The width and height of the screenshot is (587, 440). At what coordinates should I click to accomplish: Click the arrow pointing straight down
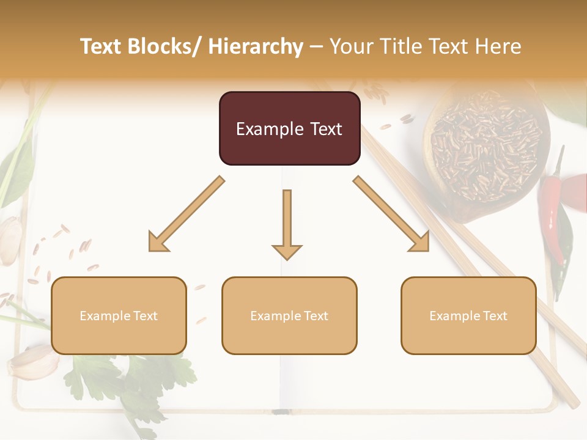[x=287, y=223]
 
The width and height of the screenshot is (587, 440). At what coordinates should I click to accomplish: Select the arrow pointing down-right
[x=391, y=215]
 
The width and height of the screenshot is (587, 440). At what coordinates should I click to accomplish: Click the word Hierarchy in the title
[x=255, y=46]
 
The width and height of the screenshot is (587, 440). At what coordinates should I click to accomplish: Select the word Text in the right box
[x=494, y=316]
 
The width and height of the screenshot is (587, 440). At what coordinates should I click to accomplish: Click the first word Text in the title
[x=101, y=46]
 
